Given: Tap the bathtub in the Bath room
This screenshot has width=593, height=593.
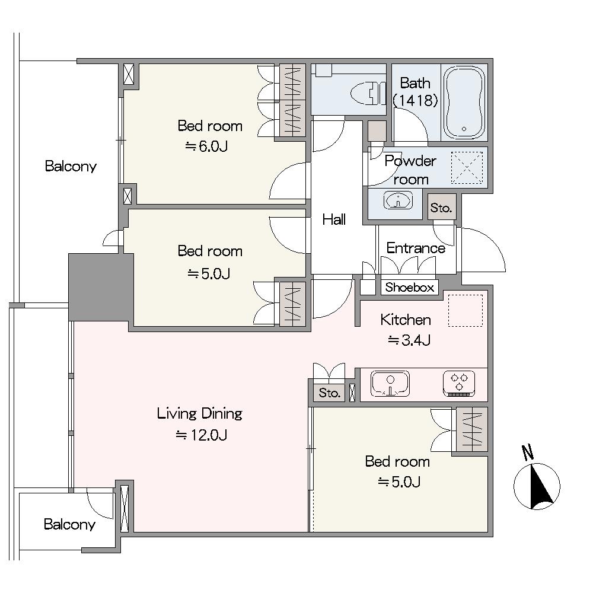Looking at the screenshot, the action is pyautogui.click(x=464, y=103).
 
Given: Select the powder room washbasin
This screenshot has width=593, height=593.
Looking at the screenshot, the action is pyautogui.click(x=398, y=200).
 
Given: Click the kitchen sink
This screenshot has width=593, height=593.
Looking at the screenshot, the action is pyautogui.click(x=390, y=384).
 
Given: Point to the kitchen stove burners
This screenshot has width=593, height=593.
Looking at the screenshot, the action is pyautogui.click(x=459, y=383).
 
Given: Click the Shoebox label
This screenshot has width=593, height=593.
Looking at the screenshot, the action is pyautogui.click(x=410, y=288).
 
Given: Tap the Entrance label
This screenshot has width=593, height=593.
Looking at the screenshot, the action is pyautogui.click(x=416, y=248).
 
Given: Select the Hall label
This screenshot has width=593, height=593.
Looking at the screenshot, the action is pyautogui.click(x=334, y=219).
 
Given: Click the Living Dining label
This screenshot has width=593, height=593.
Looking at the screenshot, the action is pyautogui.click(x=199, y=414).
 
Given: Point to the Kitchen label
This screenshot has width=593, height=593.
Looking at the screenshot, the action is pyautogui.click(x=406, y=320).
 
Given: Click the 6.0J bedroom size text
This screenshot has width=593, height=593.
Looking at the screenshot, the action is pyautogui.click(x=206, y=146).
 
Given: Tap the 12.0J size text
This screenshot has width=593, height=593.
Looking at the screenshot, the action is pyautogui.click(x=201, y=436).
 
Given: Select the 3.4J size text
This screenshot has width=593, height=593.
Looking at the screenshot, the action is pyautogui.click(x=409, y=341).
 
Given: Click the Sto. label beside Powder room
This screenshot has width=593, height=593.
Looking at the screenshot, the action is pyautogui.click(x=441, y=208).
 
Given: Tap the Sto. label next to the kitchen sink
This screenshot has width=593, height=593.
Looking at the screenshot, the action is pyautogui.click(x=329, y=393).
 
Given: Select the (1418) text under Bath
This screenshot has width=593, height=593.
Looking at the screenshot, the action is pyautogui.click(x=415, y=101).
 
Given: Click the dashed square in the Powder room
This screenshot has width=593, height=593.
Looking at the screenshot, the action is pyautogui.click(x=467, y=168).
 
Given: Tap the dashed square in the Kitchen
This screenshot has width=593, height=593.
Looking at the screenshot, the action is pyautogui.click(x=465, y=311).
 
